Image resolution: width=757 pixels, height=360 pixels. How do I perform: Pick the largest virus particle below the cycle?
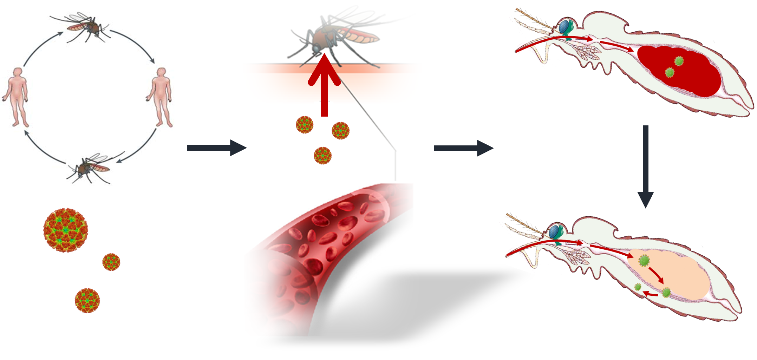[66, 230]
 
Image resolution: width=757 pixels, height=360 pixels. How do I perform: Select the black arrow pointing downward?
[645, 165]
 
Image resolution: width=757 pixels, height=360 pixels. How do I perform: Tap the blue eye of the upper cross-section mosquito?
[564, 26]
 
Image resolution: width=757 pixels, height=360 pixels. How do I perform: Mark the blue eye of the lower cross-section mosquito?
[554, 231]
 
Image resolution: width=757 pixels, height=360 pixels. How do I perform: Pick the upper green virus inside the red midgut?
[679, 61]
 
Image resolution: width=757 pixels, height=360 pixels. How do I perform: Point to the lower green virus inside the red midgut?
[670, 73]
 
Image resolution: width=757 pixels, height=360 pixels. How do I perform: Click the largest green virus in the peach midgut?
[644, 261]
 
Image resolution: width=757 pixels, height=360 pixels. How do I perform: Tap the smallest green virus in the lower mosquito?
[638, 287]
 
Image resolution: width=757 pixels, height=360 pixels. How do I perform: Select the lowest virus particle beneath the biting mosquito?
[322, 156]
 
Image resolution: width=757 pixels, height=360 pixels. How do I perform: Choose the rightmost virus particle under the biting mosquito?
[340, 131]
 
